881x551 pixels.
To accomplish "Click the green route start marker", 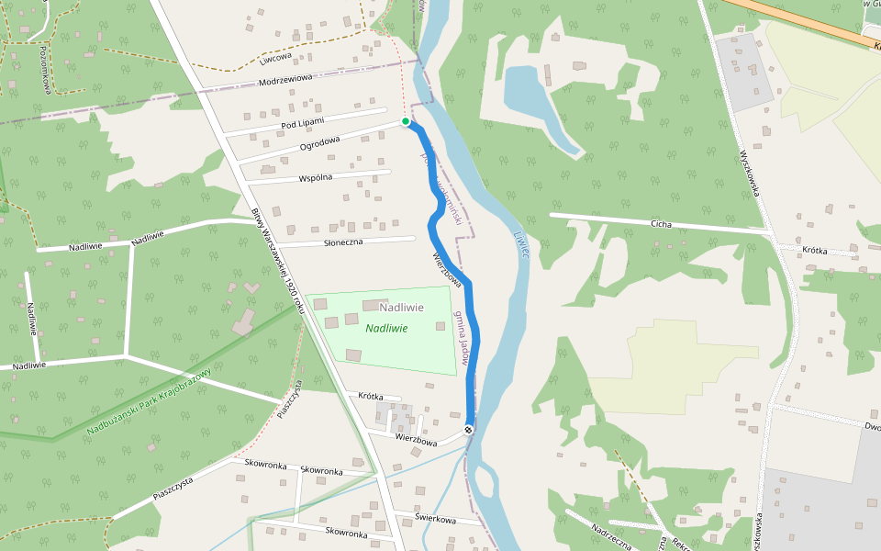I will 406,121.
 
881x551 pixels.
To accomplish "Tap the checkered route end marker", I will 469,430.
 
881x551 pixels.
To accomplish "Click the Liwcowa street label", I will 274,56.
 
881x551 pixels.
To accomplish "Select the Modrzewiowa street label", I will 285,78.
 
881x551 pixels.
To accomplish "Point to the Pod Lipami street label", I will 304,122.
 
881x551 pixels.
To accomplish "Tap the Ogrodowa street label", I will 319,144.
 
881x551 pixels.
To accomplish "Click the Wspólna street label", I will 315,176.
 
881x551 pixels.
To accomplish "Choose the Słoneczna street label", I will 344,242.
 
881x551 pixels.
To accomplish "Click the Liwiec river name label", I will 522,246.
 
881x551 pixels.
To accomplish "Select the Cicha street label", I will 661,224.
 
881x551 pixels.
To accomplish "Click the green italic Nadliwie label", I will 386,328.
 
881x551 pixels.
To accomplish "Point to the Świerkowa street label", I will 435,519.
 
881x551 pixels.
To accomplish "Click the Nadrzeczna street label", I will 612,536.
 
